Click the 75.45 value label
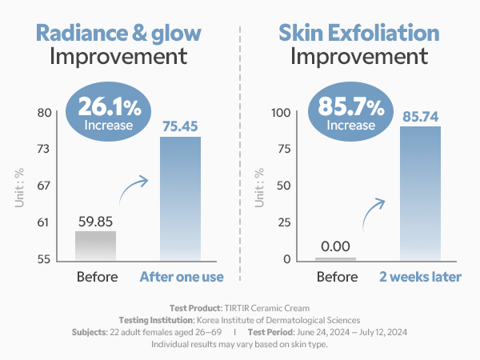[x=181, y=126]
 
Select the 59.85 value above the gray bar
[x=96, y=220]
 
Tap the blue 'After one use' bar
[x=181, y=198]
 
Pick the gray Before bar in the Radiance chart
[x=96, y=246]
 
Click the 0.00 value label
[x=336, y=247]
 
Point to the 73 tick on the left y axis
[x=44, y=149]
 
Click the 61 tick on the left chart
[x=44, y=222]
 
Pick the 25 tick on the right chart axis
[x=285, y=222]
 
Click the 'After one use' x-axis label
[x=182, y=278]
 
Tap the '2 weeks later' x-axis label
[x=421, y=278]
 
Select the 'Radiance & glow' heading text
[x=118, y=33]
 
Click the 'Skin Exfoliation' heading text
[x=358, y=33]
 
